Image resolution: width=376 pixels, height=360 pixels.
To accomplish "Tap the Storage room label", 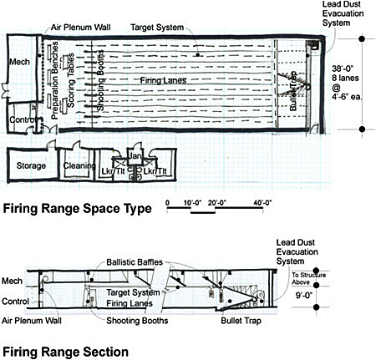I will (31, 166).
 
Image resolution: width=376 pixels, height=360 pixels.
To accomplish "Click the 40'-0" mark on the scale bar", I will (267, 203).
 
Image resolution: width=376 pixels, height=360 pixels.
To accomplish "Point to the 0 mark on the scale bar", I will (167, 203).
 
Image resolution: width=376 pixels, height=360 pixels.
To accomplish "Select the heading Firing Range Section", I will (65, 352).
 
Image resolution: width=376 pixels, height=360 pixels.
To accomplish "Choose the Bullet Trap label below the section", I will (239, 321).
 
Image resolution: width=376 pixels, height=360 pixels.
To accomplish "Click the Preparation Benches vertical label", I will (55, 89).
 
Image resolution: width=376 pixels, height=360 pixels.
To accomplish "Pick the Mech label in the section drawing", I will (13, 281).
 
